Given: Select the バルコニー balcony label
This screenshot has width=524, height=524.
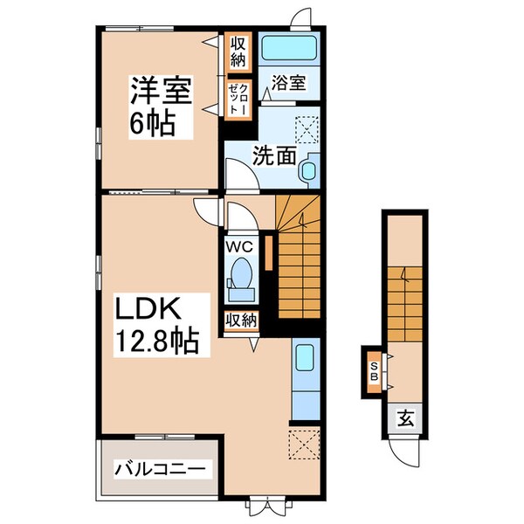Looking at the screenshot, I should pos(162,470).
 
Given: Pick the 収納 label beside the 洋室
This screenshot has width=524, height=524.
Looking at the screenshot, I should pos(238,52).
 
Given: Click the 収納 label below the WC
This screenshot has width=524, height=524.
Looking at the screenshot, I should pos(241,320).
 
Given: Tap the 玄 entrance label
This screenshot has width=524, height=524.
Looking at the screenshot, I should pos(406,417).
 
